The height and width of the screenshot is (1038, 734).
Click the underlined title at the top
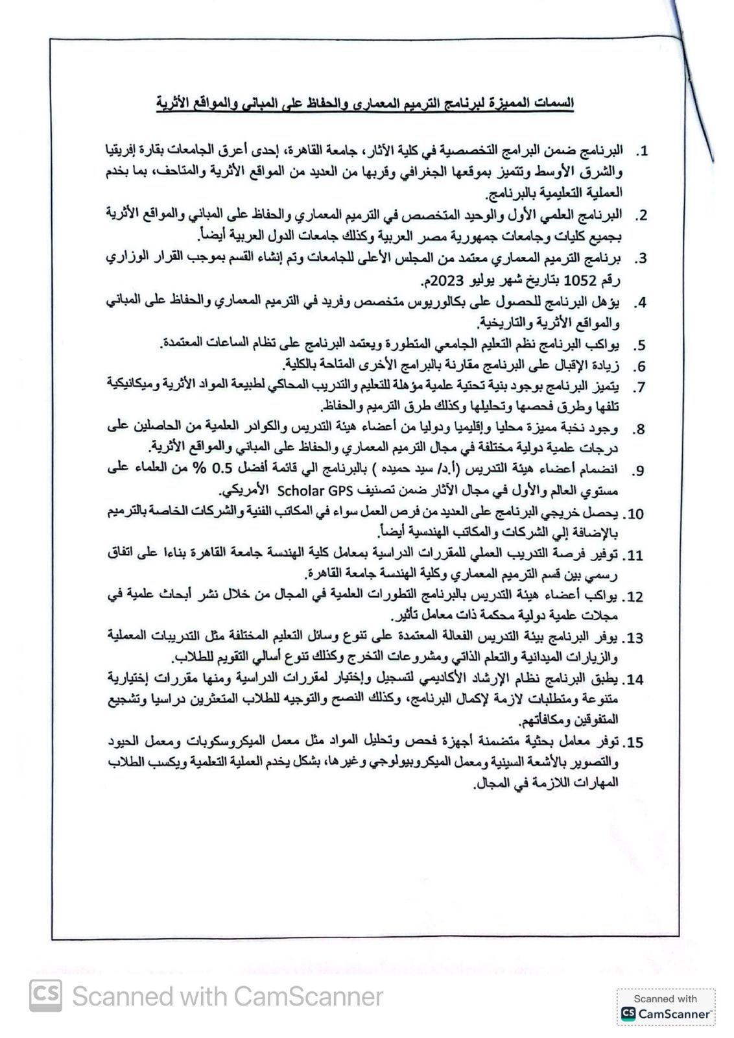coord(365,103)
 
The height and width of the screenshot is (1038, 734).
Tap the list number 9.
coord(639,471)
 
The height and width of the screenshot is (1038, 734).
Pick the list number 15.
coord(632,742)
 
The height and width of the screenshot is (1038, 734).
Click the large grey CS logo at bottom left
coord(46,995)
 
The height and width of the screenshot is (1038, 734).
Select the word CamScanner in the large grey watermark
coord(308,996)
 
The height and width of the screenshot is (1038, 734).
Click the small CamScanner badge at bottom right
coord(665,1007)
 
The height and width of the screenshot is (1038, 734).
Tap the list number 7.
coord(639,387)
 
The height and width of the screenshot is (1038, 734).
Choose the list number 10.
coord(632,514)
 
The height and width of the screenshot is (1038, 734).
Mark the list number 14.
coord(632,680)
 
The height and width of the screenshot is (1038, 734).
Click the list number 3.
coord(640,259)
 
